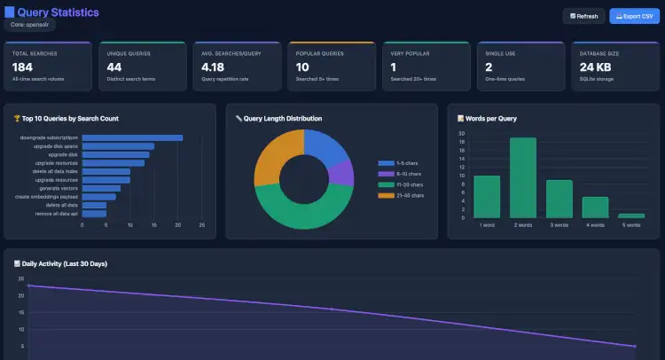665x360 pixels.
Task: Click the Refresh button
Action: pyautogui.click(x=583, y=16)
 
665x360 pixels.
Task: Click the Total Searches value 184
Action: pyautogui.click(x=23, y=67)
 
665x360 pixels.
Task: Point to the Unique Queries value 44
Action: pyautogui.click(x=113, y=67)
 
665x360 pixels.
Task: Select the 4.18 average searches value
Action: pyautogui.click(x=213, y=67)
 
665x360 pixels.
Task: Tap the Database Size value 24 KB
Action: pyautogui.click(x=597, y=67)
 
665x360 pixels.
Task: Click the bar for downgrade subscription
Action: pyautogui.click(x=132, y=137)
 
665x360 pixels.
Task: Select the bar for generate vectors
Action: pyautogui.click(x=101, y=188)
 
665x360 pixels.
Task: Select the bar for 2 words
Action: pyautogui.click(x=523, y=177)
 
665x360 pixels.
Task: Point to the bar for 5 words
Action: pyautogui.click(x=631, y=215)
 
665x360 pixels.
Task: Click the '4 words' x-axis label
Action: pyautogui.click(x=595, y=225)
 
